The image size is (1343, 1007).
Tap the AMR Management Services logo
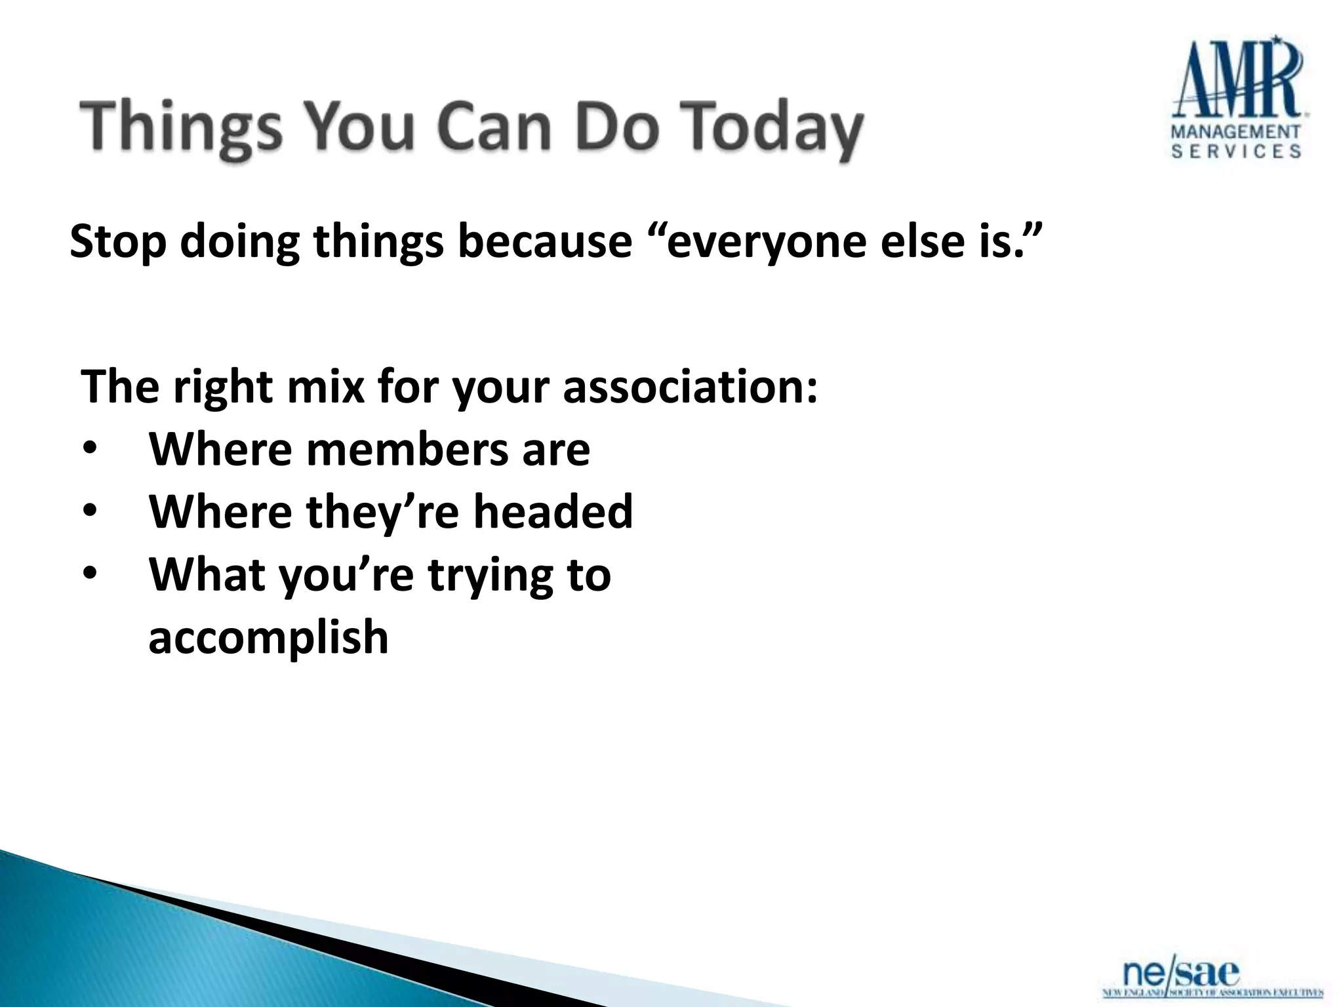1237,98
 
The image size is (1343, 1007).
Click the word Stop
118,242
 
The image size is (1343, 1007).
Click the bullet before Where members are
90,450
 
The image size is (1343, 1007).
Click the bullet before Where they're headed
90,512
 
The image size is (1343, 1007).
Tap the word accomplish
268,637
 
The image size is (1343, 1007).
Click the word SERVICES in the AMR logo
1236,151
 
